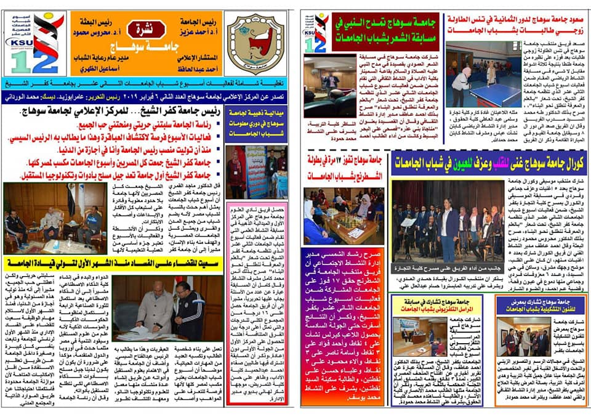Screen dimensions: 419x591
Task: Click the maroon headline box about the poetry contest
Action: pyautogui.click(x=385, y=31)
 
